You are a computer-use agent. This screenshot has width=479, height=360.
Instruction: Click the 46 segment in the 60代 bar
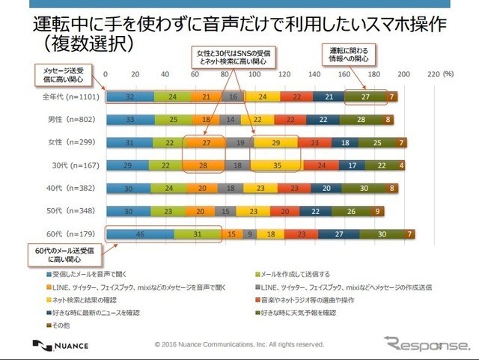pos(140,234)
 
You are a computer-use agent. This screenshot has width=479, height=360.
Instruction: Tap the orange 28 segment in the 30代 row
pos(204,165)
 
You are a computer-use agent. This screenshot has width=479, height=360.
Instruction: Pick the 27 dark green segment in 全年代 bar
pos(366,97)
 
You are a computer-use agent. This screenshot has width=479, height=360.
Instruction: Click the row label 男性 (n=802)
pos(69,120)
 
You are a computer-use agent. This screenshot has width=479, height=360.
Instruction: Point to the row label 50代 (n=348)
pos(68,212)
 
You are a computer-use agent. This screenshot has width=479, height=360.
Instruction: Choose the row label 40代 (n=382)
pos(68,189)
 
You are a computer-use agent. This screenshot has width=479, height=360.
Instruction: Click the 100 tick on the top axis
pos(254,76)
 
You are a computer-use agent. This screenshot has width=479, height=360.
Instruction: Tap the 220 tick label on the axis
pos(433,76)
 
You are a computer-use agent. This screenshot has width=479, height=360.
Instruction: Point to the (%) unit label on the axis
pos(448,76)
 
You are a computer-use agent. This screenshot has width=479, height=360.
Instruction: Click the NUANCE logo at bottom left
pos(62,345)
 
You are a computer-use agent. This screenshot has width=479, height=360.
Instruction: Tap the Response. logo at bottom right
pos(424,345)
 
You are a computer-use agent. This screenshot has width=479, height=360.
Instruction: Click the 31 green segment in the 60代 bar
pos(198,234)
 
